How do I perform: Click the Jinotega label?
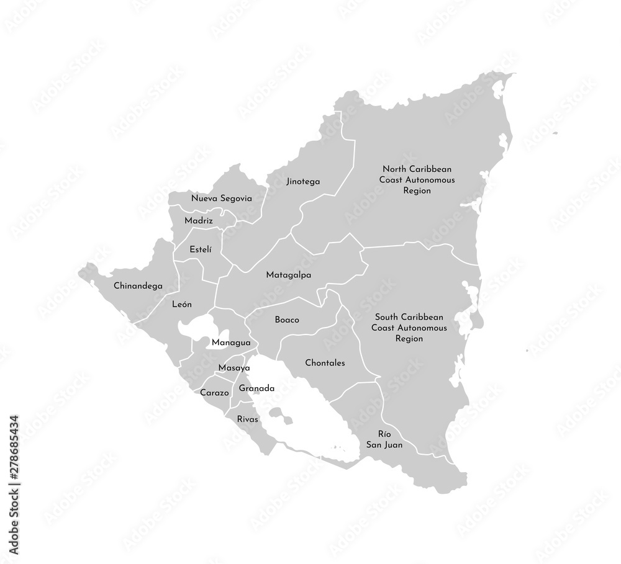(x=303, y=182)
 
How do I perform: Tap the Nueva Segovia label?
(x=221, y=199)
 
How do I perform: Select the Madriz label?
(x=199, y=220)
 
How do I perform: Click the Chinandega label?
(x=138, y=286)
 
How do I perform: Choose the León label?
(x=182, y=305)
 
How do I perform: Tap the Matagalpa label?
(x=288, y=274)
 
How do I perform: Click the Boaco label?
(x=287, y=320)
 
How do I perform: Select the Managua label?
(x=230, y=342)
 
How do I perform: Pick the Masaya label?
(x=233, y=368)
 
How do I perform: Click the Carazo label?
(x=212, y=393)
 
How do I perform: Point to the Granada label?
(x=256, y=388)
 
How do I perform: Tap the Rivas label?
(x=247, y=419)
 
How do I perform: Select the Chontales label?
(x=325, y=363)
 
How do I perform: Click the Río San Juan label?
(x=384, y=439)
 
